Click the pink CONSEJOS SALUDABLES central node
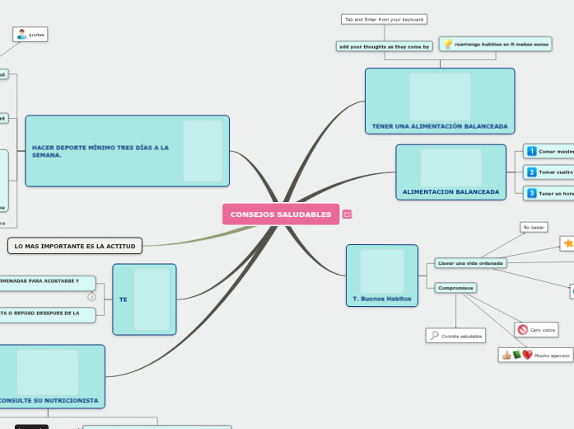point(281,214)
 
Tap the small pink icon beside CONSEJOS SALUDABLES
point(348,214)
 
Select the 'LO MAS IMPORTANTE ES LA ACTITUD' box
point(75,246)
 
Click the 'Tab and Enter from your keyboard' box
point(384,19)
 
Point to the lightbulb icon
point(447,45)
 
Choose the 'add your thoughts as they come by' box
point(385,47)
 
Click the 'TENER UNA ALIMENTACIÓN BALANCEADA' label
point(440,127)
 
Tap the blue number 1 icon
point(532,152)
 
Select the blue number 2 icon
point(532,172)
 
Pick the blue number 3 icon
point(532,193)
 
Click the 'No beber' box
point(534,227)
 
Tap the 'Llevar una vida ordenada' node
point(470,263)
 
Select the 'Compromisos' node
point(456,288)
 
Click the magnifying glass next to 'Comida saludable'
point(434,336)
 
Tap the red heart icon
point(527,356)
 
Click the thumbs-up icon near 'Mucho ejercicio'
point(506,356)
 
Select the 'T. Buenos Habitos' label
point(381,299)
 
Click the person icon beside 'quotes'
point(21,35)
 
